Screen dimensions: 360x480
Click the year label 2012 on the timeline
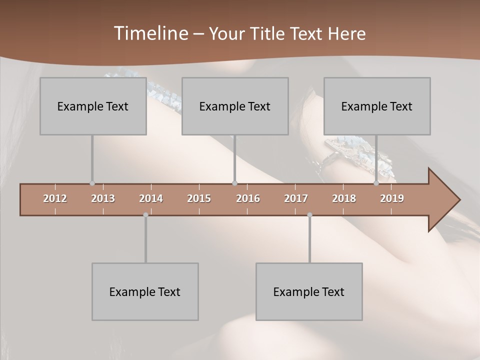[55, 198]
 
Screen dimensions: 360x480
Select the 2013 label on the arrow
[103, 198]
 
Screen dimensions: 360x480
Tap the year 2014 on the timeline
[151, 198]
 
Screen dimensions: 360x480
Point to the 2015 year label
[199, 198]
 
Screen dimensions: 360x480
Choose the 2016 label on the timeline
[248, 198]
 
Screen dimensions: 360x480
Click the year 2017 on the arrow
[296, 198]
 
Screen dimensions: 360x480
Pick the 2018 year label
[344, 198]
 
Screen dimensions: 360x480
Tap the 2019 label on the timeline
[392, 198]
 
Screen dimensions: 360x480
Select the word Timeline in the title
[150, 33]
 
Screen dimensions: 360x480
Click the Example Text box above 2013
[93, 106]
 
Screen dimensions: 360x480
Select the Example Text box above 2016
[235, 106]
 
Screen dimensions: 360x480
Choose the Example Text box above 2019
[377, 106]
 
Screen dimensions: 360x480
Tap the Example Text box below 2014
[145, 291]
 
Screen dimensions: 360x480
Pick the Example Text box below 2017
[309, 291]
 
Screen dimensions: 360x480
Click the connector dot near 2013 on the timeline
[92, 183]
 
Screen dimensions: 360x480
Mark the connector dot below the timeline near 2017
[309, 215]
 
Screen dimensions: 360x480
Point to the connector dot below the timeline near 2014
[145, 215]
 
